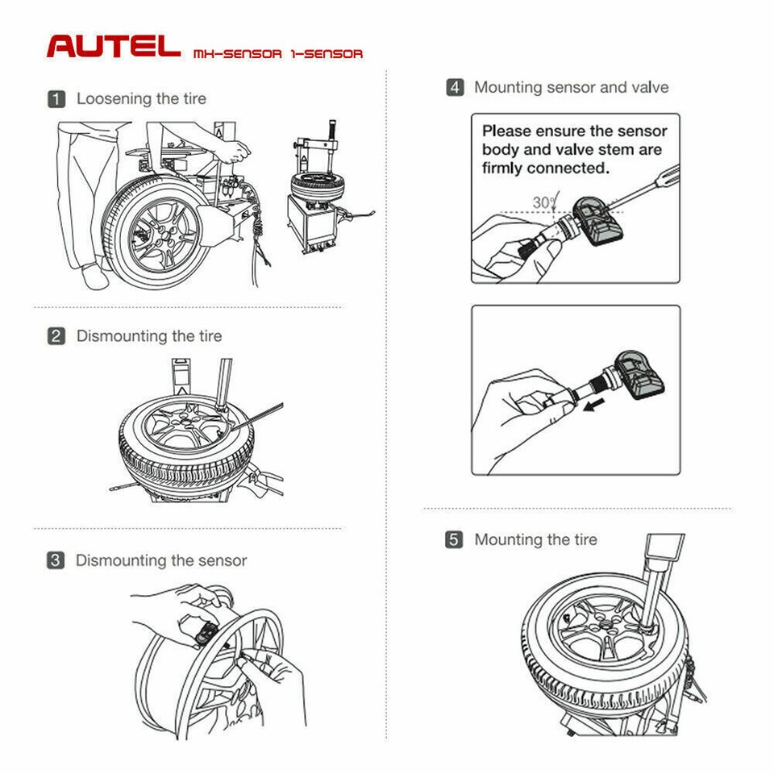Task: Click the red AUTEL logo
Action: (x=113, y=45)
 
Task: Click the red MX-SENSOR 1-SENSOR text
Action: (x=278, y=54)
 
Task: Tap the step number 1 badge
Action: (x=56, y=99)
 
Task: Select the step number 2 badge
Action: (x=56, y=336)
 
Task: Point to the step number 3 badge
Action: (x=56, y=560)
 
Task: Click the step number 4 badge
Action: (x=455, y=87)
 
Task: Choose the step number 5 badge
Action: (x=455, y=540)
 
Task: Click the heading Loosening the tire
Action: (x=141, y=99)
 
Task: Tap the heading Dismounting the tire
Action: (x=149, y=336)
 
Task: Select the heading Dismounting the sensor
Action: (x=161, y=560)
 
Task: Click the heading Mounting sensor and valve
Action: (x=571, y=87)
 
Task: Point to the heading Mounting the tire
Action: (x=535, y=540)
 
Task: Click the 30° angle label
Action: (x=543, y=202)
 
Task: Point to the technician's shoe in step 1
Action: (x=95, y=279)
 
